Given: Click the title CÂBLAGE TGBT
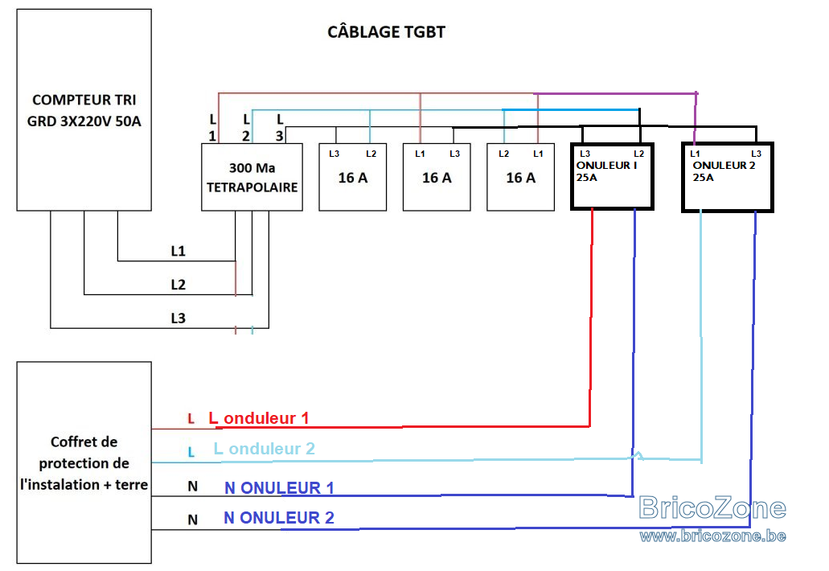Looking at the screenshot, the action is coord(386,31).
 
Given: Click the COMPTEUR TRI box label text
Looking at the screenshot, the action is coord(84,110).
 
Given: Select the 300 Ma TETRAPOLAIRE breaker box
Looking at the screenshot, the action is coord(252,177).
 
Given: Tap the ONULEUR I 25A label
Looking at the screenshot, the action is coord(606,171).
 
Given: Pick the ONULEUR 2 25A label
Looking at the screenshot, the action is coord(724,171).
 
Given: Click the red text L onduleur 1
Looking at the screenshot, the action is coord(259,418).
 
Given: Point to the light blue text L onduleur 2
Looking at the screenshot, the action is coord(265,449).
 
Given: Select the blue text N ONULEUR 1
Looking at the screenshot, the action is coord(279,487).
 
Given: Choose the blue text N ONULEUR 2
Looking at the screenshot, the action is coord(279,518).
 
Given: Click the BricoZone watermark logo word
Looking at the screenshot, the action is coord(712,508).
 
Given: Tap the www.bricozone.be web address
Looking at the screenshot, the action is coord(712,536).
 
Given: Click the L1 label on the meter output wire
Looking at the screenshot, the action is coord(179,251).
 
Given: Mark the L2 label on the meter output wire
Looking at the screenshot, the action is coord(179,285).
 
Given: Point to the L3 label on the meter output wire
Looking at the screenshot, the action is coord(179,318).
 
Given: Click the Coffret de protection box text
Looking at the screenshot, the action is coord(84,463).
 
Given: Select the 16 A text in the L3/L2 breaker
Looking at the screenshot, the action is coord(353,178).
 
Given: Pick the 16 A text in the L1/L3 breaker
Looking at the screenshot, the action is coord(437,178).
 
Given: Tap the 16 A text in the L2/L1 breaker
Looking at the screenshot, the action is coord(521,178).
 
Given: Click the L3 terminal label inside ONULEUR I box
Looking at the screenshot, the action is coord(585,154).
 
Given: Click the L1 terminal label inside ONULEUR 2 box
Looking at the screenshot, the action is coord(695,154).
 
